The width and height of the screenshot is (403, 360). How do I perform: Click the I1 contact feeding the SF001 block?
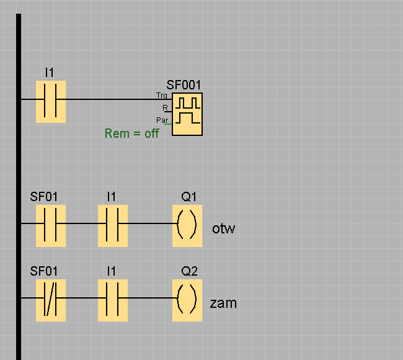click(x=51, y=102)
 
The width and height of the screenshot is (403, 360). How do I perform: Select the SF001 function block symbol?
click(x=187, y=114)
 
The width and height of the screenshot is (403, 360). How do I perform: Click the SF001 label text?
click(x=184, y=85)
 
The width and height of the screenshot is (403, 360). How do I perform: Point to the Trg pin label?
click(x=162, y=96)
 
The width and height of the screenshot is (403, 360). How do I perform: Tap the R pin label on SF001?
click(x=165, y=108)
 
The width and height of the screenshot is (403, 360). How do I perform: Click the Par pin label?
click(x=162, y=120)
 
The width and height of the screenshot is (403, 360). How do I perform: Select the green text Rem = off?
click(x=131, y=133)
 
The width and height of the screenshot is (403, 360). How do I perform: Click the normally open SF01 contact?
click(x=51, y=226)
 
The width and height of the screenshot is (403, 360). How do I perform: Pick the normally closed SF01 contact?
click(x=51, y=300)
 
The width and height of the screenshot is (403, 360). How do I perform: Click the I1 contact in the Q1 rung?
click(x=113, y=226)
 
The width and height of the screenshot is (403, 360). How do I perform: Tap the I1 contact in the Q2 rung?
click(x=113, y=300)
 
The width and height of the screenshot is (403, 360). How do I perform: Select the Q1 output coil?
click(x=187, y=226)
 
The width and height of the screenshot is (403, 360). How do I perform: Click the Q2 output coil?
click(x=187, y=300)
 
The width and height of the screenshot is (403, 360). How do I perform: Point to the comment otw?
click(x=223, y=229)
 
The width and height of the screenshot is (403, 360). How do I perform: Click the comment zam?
click(x=223, y=304)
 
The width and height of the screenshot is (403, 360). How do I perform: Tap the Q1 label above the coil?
click(x=189, y=197)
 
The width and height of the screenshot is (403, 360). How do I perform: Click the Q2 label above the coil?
click(x=190, y=271)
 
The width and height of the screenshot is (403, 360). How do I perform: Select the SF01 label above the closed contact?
click(x=44, y=271)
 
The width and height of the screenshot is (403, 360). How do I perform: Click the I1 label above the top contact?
click(x=50, y=73)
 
